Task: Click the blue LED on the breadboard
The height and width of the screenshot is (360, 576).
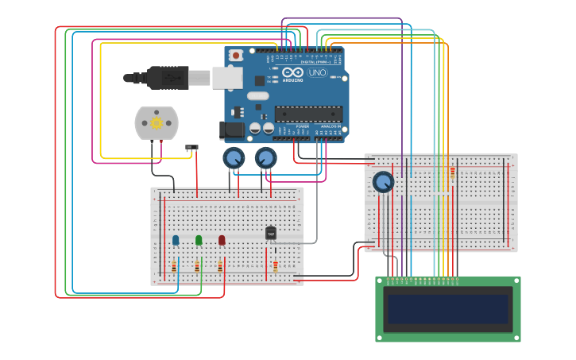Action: click(176, 240)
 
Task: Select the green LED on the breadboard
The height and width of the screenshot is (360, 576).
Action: click(199, 240)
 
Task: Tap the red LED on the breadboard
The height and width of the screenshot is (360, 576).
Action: click(222, 240)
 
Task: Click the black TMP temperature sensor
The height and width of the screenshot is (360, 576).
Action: click(271, 233)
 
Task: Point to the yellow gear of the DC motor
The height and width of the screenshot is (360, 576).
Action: click(157, 123)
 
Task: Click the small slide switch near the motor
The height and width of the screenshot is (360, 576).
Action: click(191, 147)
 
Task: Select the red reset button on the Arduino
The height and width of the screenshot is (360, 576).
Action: click(235, 56)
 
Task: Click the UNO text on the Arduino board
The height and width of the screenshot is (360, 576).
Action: click(317, 73)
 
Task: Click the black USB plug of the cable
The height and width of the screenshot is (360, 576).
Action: click(167, 77)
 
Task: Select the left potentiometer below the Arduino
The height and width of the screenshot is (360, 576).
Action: click(234, 157)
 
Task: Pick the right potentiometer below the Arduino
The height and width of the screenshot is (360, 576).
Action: click(266, 157)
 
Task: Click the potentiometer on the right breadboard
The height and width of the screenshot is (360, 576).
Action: click(383, 182)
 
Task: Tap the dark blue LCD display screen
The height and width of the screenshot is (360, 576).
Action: click(447, 309)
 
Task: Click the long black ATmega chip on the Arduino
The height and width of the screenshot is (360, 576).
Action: click(308, 114)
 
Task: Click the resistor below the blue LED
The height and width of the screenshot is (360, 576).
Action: click(174, 267)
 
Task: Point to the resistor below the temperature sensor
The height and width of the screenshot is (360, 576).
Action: click(276, 266)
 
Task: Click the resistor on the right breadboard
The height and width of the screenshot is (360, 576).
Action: click(453, 172)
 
